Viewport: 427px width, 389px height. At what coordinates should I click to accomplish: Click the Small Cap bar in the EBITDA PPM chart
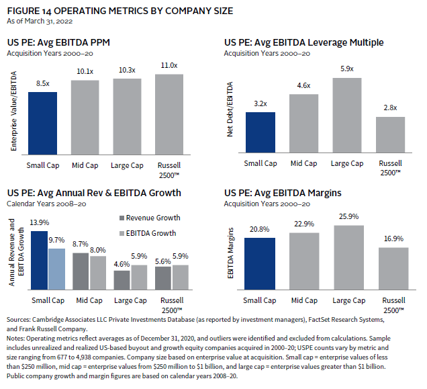point(42,123)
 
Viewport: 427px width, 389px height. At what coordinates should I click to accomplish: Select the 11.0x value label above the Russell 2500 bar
point(169,64)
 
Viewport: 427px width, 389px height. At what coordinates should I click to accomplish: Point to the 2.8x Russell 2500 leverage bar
point(390,136)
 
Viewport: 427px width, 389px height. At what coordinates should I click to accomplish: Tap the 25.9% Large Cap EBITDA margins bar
point(349,256)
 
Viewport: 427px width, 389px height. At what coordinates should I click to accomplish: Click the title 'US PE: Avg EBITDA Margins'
point(283,193)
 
